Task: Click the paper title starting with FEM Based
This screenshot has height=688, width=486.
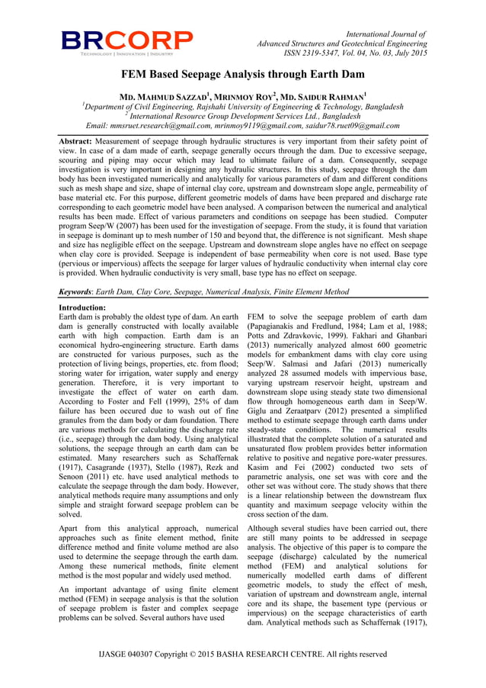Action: (243, 75)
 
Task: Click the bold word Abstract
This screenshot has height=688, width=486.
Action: (81, 142)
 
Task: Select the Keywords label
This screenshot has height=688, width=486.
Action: (80, 291)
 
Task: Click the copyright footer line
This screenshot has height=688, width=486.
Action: (243, 654)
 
